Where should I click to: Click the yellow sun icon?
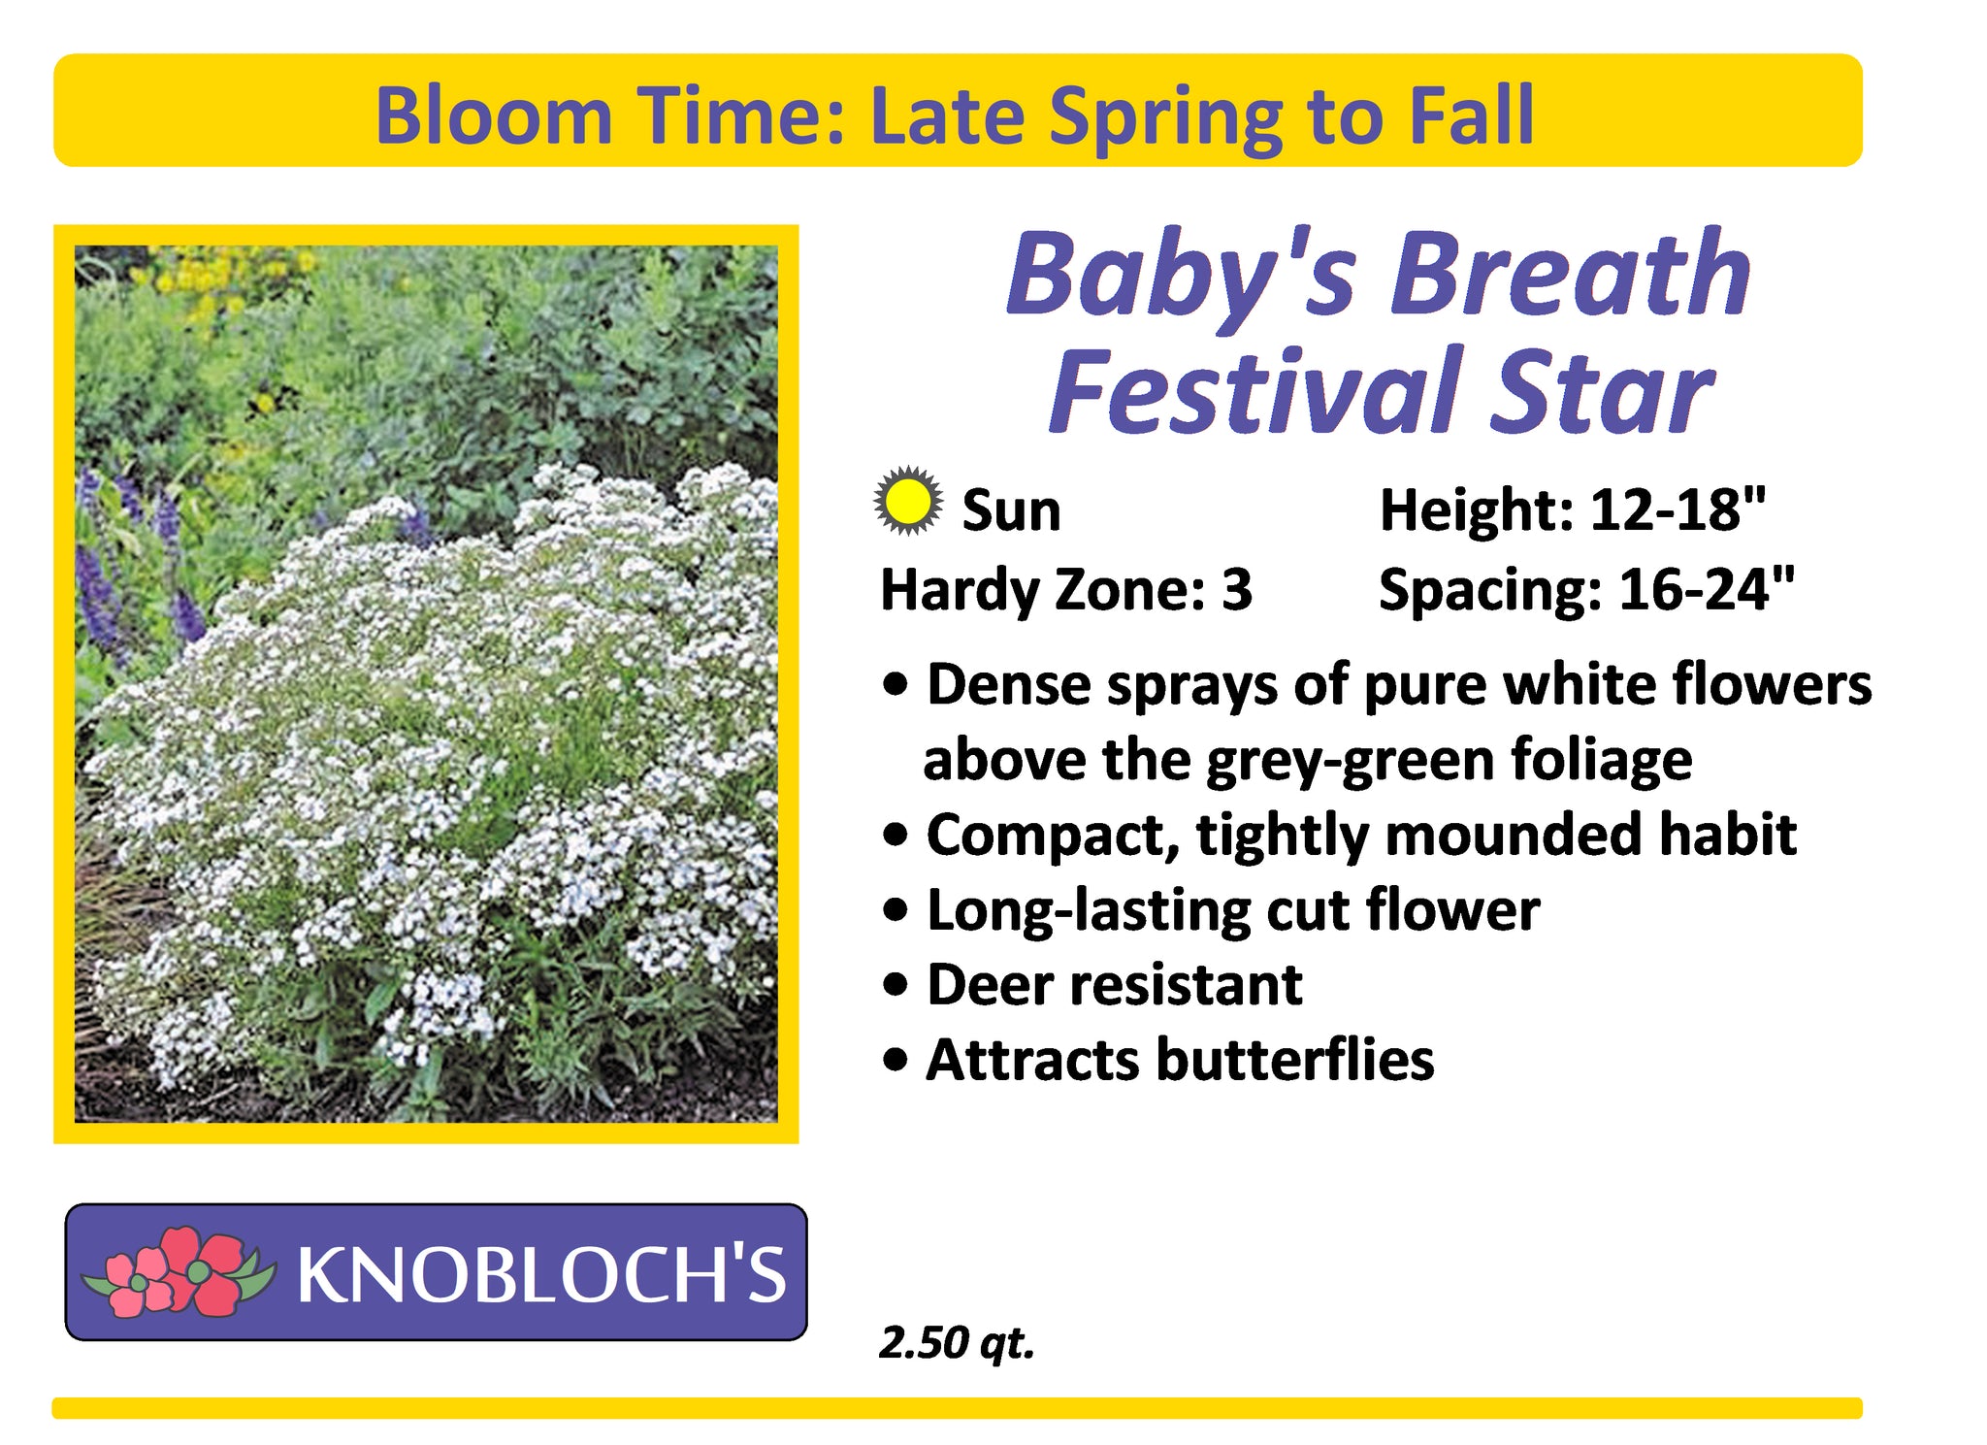907,501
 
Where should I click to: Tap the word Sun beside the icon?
1011,510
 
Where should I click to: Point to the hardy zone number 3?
1237,590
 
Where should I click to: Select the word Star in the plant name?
1602,392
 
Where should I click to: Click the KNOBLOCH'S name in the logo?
541,1274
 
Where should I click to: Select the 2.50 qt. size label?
957,1343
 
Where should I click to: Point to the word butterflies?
1295,1059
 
